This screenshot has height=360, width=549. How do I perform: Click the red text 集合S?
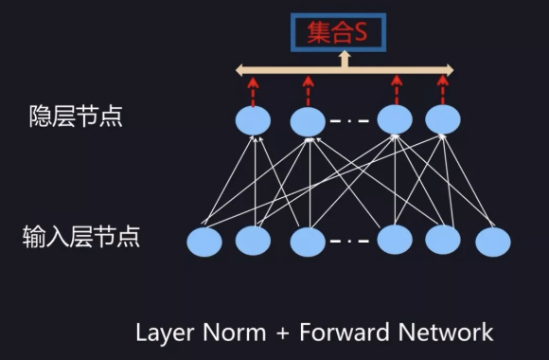[337, 32]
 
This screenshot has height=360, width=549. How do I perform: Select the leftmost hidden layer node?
[253, 120]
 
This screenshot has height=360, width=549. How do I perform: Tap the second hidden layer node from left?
[308, 121]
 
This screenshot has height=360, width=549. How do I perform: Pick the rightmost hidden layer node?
[443, 119]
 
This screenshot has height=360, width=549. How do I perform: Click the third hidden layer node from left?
[395, 119]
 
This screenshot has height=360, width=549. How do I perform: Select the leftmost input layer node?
[204, 242]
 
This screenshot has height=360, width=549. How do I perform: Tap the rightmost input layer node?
[493, 242]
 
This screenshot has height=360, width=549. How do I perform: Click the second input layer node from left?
[253, 241]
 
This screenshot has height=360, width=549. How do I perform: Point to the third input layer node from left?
[308, 242]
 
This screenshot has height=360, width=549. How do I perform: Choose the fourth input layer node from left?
[395, 240]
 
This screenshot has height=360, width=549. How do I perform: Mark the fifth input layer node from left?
[443, 240]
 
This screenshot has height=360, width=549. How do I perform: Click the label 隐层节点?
[76, 117]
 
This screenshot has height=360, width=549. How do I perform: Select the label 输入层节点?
[81, 237]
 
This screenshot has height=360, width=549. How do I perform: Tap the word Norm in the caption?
[235, 333]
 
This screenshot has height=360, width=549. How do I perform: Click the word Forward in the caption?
[345, 333]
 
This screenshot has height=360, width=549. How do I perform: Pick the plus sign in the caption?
[283, 333]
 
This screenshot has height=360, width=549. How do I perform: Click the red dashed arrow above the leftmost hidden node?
[253, 91]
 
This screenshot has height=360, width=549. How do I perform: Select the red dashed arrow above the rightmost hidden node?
[443, 89]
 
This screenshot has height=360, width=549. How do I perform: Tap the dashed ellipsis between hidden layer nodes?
[349, 121]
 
